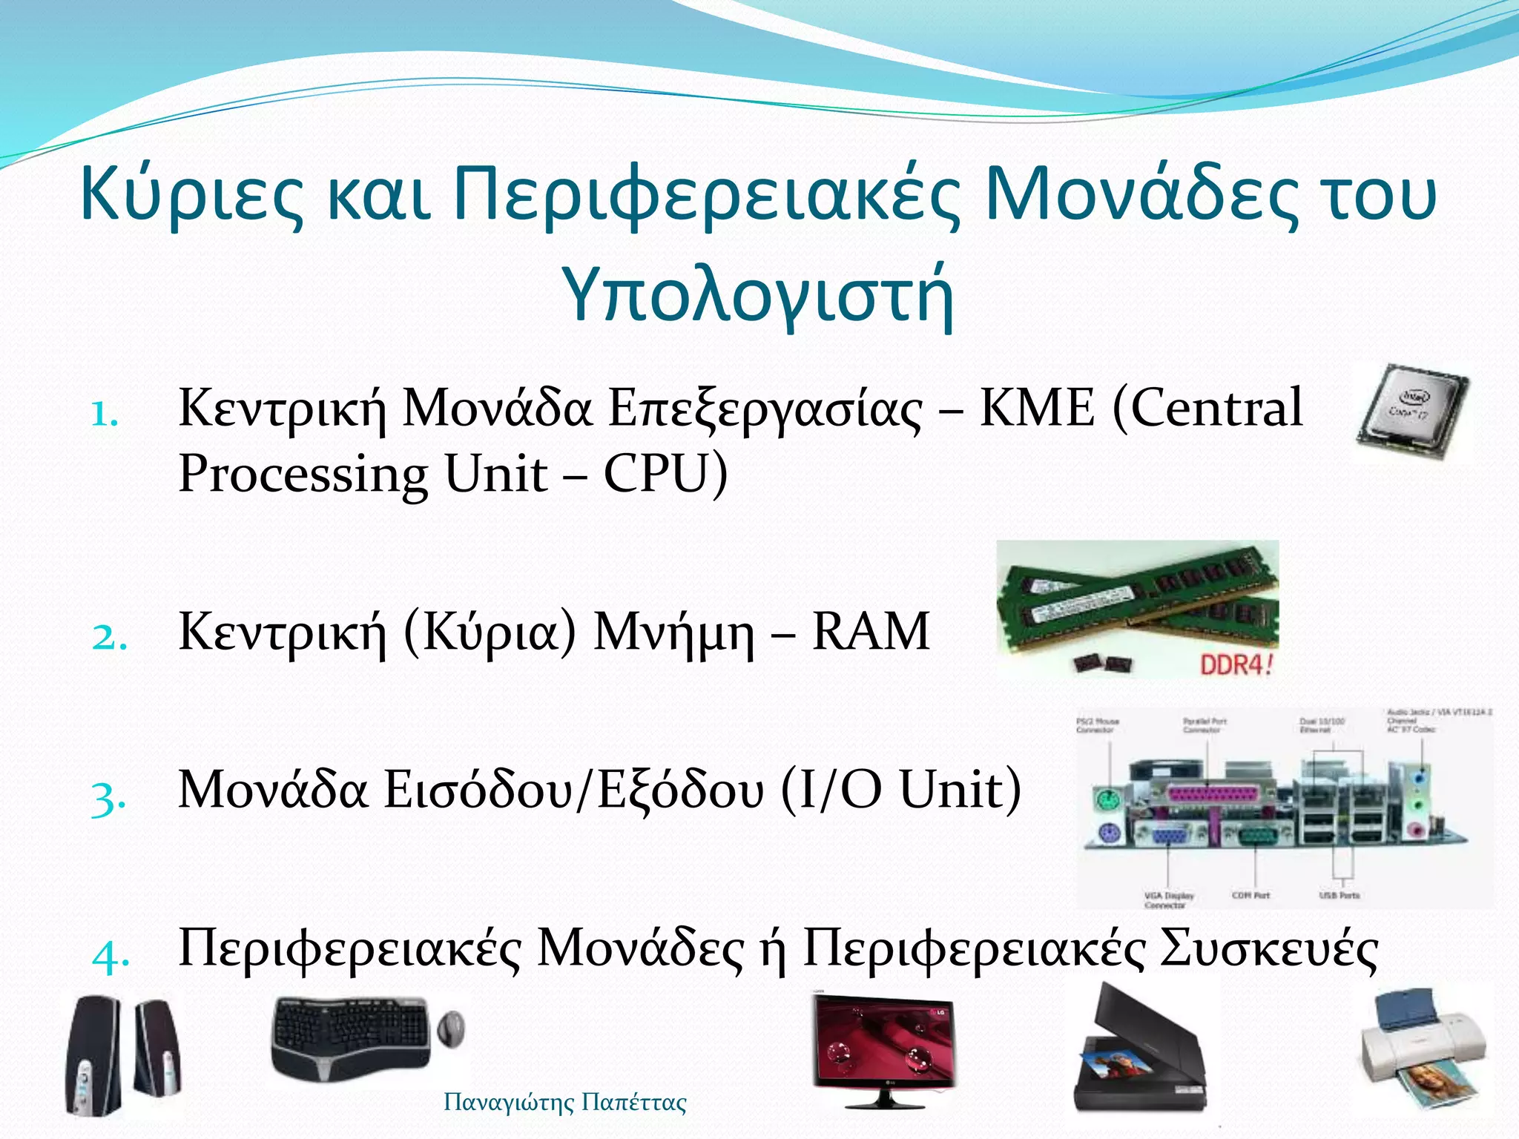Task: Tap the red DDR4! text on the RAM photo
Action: coord(1236,664)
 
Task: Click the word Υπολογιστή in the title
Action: coord(758,294)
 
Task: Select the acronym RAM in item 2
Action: coord(871,632)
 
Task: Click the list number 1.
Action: coord(105,415)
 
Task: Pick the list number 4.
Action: coord(111,956)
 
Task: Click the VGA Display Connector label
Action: coord(1169,899)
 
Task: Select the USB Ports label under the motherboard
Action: coord(1340,895)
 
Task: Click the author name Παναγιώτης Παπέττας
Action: coord(564,1103)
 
